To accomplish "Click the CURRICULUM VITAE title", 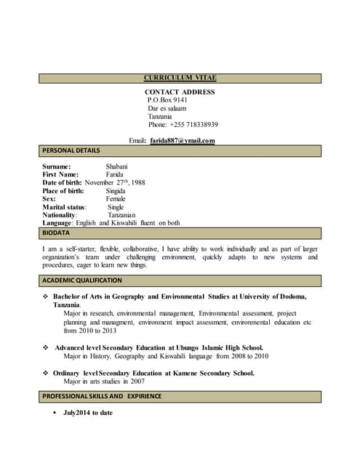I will click(180, 78).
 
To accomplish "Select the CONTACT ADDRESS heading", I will click(180, 92).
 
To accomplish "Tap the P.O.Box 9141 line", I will click(167, 100).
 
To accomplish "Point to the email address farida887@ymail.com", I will click(183, 140).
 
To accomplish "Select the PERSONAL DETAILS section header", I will click(71, 150).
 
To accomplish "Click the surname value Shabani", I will click(116, 166).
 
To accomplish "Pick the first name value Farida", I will click(115, 174).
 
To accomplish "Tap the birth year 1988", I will click(136, 182).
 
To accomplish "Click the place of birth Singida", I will click(116, 190).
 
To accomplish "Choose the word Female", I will click(116, 198).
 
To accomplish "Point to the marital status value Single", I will click(116, 207).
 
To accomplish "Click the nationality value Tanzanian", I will click(122, 215).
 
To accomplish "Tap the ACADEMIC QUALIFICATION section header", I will click(82, 280).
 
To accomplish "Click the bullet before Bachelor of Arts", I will click(46, 296).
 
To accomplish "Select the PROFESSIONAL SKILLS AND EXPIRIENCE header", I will click(102, 396).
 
